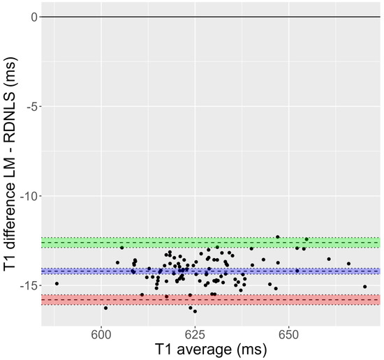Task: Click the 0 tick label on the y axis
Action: coord(32,17)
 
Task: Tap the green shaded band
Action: coord(209,242)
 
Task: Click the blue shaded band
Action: coord(209,271)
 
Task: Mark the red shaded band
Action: coord(209,299)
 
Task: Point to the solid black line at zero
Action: coord(209,17)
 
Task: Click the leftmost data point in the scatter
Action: coord(57,283)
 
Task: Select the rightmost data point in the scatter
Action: coord(364,287)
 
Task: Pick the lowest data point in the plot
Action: coord(195,311)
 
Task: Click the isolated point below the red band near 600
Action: coord(105,308)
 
